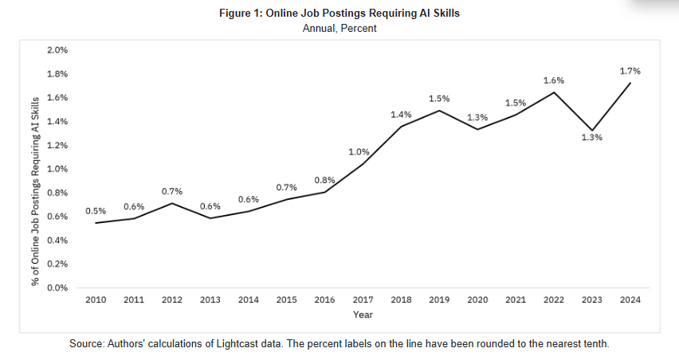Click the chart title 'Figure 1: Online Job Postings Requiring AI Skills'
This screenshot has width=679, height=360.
point(339,14)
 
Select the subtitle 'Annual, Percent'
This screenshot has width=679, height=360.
point(339,28)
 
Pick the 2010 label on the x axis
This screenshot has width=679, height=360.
point(96,299)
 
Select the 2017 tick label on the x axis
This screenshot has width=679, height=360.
point(363,299)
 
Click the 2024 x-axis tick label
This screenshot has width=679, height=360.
point(630,299)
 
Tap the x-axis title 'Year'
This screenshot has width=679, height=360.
point(363,315)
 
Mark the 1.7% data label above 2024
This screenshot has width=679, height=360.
point(630,71)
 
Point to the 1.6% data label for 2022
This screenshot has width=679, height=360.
point(553,80)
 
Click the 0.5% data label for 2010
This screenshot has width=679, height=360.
point(96,211)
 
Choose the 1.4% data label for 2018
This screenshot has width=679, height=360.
point(401,115)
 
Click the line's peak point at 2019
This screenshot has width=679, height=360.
point(439,111)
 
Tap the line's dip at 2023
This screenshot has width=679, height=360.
point(591,130)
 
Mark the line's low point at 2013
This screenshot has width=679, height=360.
point(210,217)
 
